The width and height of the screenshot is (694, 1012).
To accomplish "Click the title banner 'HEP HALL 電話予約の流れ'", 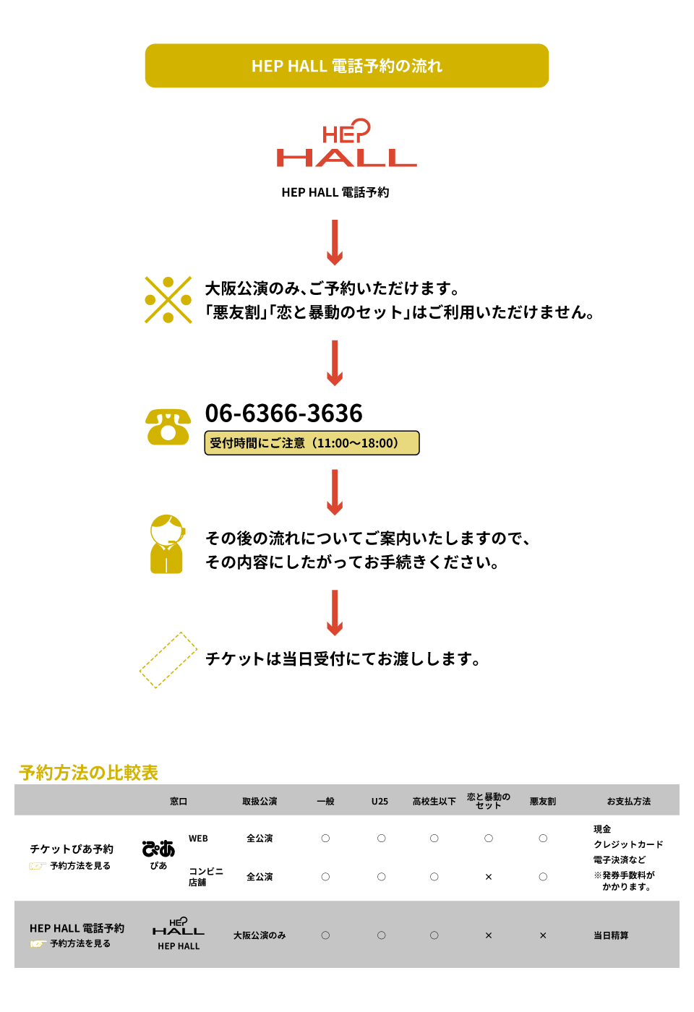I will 347,66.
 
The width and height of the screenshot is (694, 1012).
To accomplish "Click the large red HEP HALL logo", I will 347,143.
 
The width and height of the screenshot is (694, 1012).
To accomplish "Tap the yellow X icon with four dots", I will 168,299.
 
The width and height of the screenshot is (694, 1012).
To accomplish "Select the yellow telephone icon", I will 168,426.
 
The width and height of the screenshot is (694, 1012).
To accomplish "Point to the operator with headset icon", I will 167,544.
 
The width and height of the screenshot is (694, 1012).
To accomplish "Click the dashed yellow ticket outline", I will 168,660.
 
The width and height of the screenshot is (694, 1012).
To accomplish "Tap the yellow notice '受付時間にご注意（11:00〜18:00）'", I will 312,443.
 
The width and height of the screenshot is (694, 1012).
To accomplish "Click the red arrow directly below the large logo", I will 334,243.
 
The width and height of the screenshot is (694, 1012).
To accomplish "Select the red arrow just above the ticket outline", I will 334,613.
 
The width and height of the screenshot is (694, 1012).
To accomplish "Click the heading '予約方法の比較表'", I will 88,773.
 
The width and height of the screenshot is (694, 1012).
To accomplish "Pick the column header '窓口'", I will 179,801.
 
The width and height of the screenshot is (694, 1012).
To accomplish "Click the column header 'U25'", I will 380,801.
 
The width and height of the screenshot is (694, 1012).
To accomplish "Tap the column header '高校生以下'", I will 434,801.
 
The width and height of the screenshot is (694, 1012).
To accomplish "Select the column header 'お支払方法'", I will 628,801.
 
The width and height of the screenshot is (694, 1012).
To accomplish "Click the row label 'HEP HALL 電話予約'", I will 77,928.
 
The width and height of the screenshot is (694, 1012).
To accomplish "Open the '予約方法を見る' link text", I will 80,943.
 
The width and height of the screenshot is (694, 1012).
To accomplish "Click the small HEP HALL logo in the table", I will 179,927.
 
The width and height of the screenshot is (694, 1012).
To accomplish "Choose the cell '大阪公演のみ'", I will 260,935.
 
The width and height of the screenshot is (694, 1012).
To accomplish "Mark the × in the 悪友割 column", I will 543,935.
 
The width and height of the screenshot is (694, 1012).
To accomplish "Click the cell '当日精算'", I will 611,935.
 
